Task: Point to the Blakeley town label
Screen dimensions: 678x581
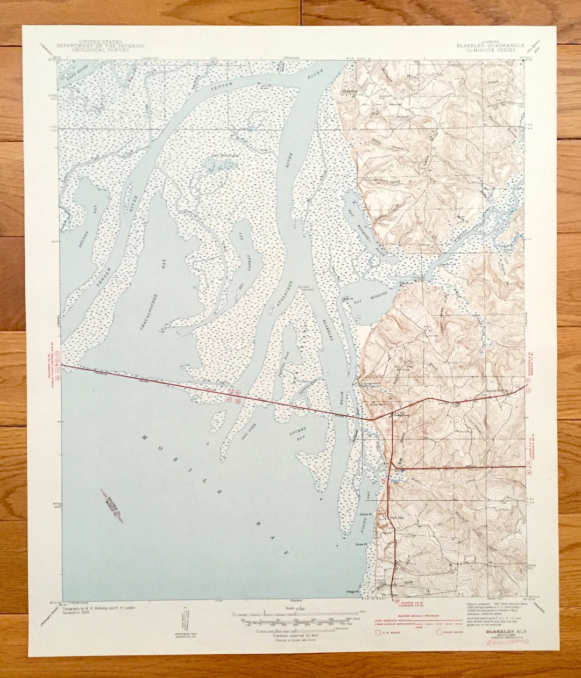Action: click(349, 91)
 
